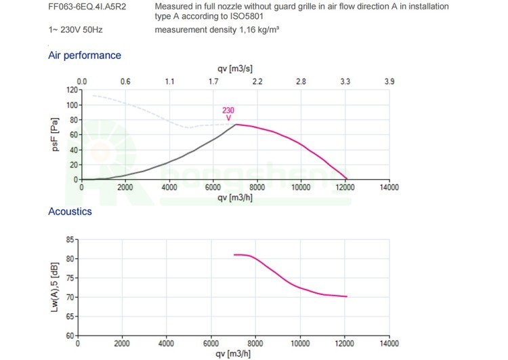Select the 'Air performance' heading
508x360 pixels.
click(85, 56)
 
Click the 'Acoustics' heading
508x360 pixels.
click(70, 212)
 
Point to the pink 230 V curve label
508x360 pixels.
click(228, 113)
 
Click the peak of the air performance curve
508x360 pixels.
click(235, 124)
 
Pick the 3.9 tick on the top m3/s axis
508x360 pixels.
click(389, 81)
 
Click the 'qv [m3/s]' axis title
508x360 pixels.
click(235, 69)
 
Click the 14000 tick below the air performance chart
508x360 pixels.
click(389, 188)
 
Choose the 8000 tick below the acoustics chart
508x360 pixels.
click(255, 344)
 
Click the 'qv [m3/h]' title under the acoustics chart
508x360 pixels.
click(235, 354)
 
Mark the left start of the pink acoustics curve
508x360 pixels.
click(234, 255)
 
